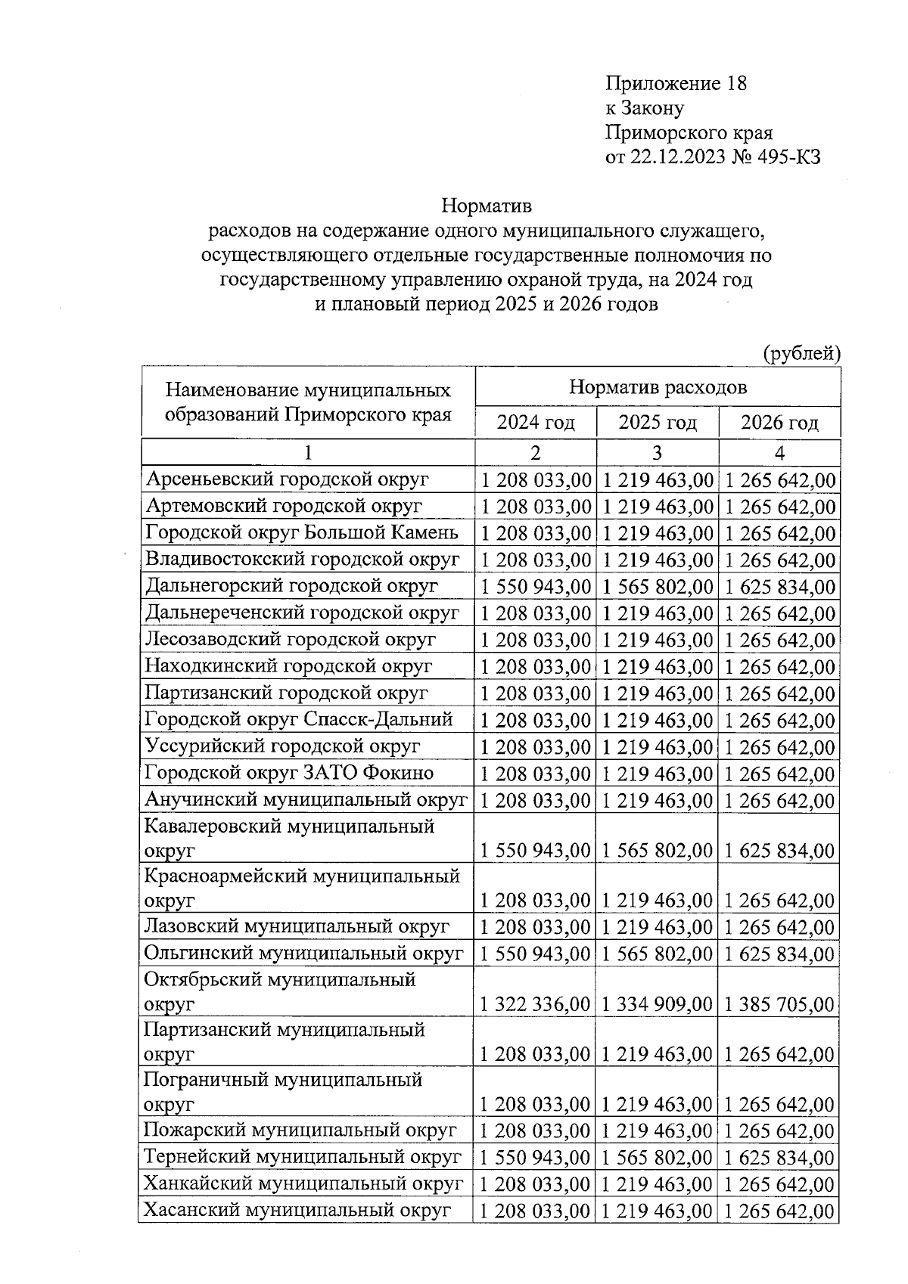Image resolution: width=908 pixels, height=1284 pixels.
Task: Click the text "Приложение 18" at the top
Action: tap(676, 83)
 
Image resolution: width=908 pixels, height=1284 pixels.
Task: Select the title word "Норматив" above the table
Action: tap(487, 206)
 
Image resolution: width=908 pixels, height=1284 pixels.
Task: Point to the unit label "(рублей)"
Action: tap(801, 353)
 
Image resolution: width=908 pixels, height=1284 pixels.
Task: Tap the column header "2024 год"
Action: tap(535, 422)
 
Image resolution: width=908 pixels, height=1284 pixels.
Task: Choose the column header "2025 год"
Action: tap(657, 422)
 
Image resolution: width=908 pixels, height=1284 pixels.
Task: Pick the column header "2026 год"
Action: tap(779, 422)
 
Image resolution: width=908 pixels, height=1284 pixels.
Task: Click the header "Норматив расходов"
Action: tap(657, 387)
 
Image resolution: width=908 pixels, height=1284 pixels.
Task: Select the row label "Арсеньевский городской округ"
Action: tap(287, 479)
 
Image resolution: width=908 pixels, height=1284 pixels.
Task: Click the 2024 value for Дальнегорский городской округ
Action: tap(535, 587)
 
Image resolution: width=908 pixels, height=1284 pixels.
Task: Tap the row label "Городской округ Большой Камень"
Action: tap(301, 532)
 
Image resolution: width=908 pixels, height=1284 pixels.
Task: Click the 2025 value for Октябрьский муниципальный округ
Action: tap(657, 1004)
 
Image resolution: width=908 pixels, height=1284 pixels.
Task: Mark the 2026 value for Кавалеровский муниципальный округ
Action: tap(779, 851)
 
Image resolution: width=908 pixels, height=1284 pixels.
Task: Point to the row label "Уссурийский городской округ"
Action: tap(282, 746)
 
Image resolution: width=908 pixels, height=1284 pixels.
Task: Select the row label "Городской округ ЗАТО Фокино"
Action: tap(289, 773)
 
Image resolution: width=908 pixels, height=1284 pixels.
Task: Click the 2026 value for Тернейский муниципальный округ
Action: tap(779, 1158)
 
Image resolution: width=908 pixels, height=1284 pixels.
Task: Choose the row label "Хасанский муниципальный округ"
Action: tap(297, 1210)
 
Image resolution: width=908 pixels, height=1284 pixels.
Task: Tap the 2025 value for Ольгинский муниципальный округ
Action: tap(657, 954)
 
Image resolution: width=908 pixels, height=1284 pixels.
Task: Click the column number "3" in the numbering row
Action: tap(657, 453)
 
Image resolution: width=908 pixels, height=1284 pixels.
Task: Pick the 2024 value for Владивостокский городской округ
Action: tap(535, 560)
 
